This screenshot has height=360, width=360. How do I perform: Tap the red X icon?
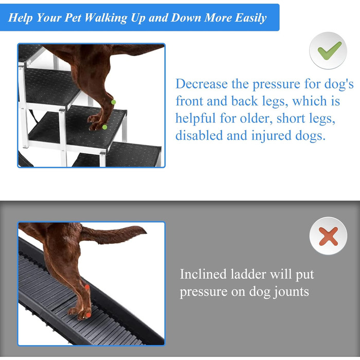pos(329,236)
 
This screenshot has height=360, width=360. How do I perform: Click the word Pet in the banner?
pos(73,17)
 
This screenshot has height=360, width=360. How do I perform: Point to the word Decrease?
pos(202,84)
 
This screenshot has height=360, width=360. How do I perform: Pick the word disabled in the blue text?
pos(199,135)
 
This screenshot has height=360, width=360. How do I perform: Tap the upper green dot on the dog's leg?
pos(113,102)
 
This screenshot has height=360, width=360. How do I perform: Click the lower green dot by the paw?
pos(105,127)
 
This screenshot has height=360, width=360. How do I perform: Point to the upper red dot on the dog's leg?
pos(87,287)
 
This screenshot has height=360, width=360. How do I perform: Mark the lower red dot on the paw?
pos(88,315)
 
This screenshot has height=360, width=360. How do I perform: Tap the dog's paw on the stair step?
pos(97,122)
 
